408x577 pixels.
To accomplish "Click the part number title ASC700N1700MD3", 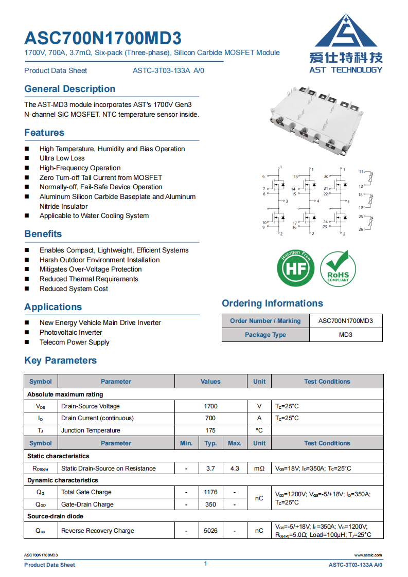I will [x=103, y=38].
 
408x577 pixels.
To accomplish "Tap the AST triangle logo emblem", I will [x=348, y=32].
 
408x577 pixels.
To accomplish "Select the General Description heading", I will [x=69, y=89].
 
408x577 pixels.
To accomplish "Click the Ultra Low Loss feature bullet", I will [x=62, y=158].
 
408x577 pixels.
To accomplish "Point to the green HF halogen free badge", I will [x=296, y=268].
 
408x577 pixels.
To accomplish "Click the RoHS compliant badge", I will [x=338, y=268].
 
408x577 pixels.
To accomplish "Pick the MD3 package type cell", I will [x=345, y=335].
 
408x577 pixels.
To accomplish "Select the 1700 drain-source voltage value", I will [x=210, y=406].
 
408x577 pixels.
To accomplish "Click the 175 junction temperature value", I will [x=210, y=430].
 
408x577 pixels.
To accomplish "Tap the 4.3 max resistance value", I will [x=235, y=468].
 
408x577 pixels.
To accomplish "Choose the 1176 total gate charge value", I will [x=210, y=492].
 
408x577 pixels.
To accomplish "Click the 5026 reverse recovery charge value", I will [x=210, y=531].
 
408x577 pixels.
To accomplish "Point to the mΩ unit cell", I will [x=259, y=468].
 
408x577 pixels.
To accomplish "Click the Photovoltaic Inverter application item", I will [x=70, y=333].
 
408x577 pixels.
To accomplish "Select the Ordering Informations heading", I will [x=272, y=303].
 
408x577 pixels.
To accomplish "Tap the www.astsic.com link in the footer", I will [x=368, y=555].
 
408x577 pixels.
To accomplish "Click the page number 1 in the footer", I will [x=205, y=564].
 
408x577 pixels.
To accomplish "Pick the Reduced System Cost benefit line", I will [x=74, y=289].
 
